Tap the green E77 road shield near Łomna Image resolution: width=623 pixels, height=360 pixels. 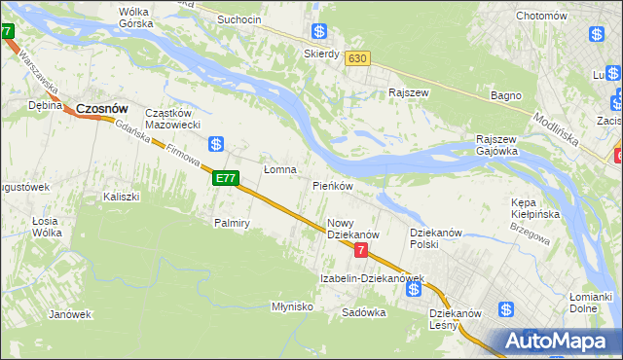225,178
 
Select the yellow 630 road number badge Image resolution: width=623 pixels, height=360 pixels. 357,58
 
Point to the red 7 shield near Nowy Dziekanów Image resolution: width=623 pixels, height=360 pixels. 361,250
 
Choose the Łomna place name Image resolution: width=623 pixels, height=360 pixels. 280,169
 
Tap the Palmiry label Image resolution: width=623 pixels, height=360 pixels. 233,223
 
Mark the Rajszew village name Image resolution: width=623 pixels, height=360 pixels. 408,93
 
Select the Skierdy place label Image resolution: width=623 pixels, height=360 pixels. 321,54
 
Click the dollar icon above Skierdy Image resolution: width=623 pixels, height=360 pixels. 318,32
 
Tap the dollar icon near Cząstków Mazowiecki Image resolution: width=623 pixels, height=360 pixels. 217,144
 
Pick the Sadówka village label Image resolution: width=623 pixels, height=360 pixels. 364,313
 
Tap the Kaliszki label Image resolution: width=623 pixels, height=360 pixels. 122,197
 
